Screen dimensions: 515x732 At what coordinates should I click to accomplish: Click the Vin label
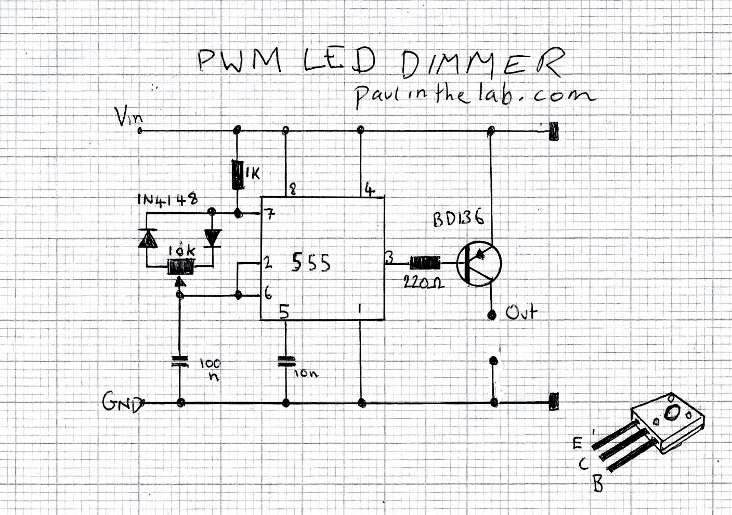pos(128,117)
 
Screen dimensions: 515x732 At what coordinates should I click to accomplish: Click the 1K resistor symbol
pos(238,174)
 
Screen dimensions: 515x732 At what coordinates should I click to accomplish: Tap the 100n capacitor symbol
pos(179,362)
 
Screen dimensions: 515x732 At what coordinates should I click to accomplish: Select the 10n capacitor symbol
pos(285,362)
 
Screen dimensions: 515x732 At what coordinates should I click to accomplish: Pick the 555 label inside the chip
pos(311,263)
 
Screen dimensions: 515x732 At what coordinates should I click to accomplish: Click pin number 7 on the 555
pos(269,214)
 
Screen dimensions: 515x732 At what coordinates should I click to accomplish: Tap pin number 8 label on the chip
pos(293,190)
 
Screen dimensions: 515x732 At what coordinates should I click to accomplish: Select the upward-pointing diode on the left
pos(148,238)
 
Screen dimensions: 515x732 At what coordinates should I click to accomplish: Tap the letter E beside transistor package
pos(577,444)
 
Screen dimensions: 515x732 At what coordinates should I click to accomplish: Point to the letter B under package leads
pos(598,485)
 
